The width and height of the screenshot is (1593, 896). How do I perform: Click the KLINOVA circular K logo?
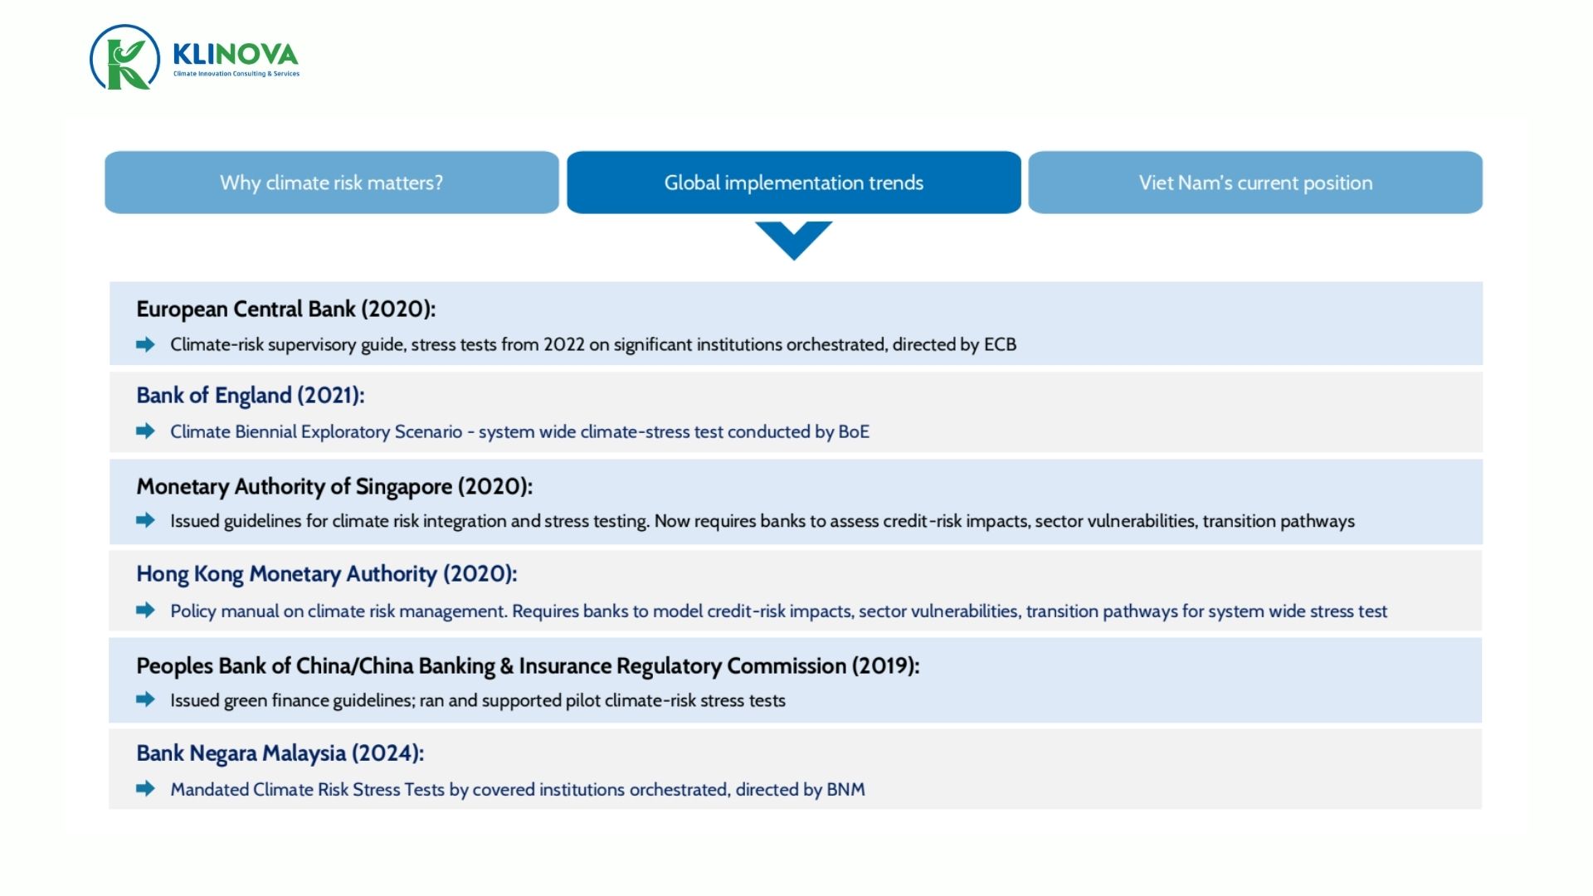[124, 57]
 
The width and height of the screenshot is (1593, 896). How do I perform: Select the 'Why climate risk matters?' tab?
[331, 183]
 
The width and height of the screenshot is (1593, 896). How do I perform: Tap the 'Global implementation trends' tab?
[793, 183]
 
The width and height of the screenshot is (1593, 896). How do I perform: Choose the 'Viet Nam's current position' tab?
[1254, 183]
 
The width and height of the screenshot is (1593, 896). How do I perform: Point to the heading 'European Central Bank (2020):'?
[285, 309]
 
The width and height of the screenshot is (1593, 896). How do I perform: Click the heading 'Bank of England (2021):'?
[250, 396]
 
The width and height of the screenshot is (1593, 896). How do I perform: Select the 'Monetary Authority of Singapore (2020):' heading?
[334, 486]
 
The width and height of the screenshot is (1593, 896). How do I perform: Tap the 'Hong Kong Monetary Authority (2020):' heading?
[326, 574]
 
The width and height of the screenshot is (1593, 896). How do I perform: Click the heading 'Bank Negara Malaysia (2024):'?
[280, 753]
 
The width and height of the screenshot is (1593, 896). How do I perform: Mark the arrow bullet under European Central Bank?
[145, 344]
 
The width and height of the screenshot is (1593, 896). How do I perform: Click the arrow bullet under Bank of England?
[145, 431]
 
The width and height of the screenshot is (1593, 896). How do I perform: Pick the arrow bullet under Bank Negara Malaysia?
[145, 789]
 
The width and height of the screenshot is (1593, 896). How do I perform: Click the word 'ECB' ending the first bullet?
[1000, 345]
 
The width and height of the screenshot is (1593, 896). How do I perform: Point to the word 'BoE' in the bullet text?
[854, 432]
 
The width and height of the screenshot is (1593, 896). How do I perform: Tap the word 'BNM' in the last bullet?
[845, 790]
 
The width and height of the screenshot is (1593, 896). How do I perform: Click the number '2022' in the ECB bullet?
[563, 345]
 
